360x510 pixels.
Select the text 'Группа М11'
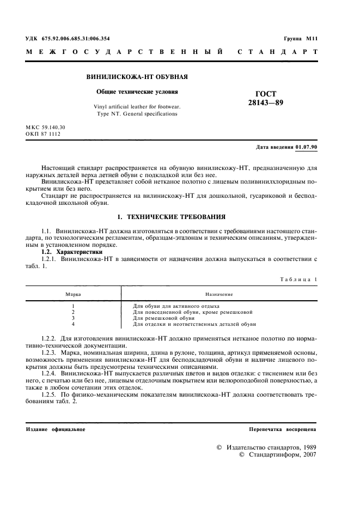300,39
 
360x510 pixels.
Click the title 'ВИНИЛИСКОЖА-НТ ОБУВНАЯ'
133,77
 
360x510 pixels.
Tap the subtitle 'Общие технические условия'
133,92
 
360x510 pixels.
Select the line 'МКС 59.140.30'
46,127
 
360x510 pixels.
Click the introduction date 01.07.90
307,148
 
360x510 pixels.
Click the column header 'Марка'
73,294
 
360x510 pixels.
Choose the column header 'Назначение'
219,294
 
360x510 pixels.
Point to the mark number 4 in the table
73,324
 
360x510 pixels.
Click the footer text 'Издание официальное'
56,429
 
